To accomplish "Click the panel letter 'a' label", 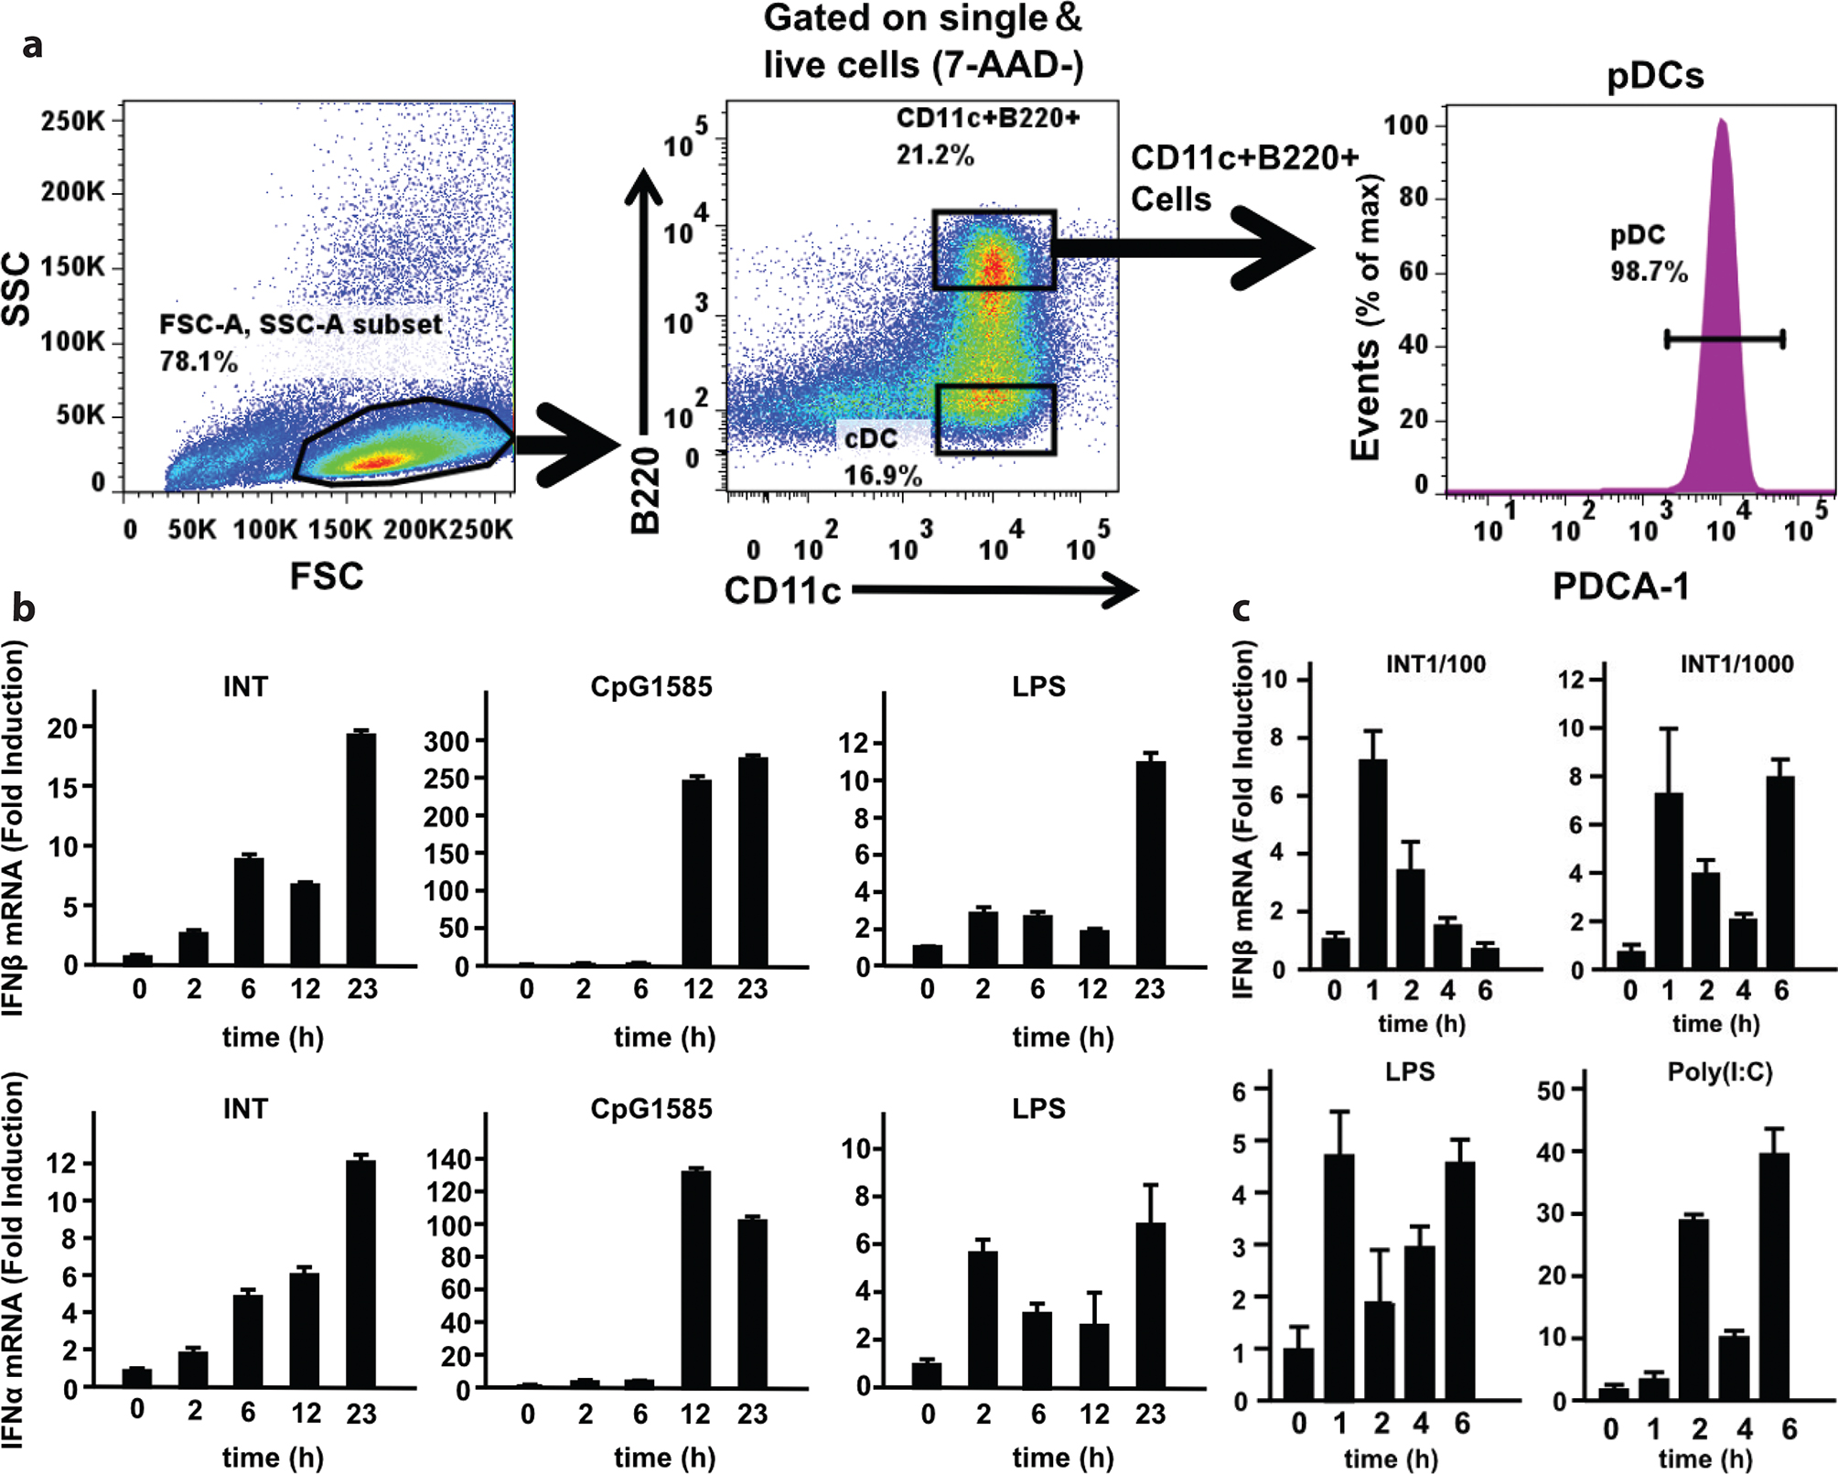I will [33, 44].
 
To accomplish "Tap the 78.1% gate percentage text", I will [198, 361].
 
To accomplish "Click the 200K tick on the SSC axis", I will [73, 192].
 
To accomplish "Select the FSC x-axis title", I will [327, 576].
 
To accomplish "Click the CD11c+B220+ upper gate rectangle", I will [994, 250].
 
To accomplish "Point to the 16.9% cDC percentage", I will [882, 476].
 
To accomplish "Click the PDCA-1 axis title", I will [1620, 586].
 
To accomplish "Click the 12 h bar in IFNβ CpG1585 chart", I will [697, 873].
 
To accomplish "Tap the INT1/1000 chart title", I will [1736, 664].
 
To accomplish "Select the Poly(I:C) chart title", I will [1720, 1071].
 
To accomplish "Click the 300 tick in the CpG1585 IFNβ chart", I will [447, 741].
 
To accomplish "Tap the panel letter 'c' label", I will [1241, 608].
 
